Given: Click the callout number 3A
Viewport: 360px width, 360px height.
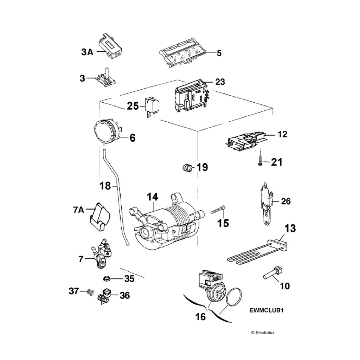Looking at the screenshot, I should point(87,52).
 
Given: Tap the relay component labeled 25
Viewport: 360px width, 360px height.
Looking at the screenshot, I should point(151,105).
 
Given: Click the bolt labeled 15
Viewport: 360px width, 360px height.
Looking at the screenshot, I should point(218,210).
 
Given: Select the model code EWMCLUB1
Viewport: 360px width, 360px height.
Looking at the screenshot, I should point(266,311).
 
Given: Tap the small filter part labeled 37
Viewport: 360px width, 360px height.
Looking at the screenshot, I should point(91,291).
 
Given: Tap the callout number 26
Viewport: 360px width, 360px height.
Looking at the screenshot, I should point(286,201).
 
